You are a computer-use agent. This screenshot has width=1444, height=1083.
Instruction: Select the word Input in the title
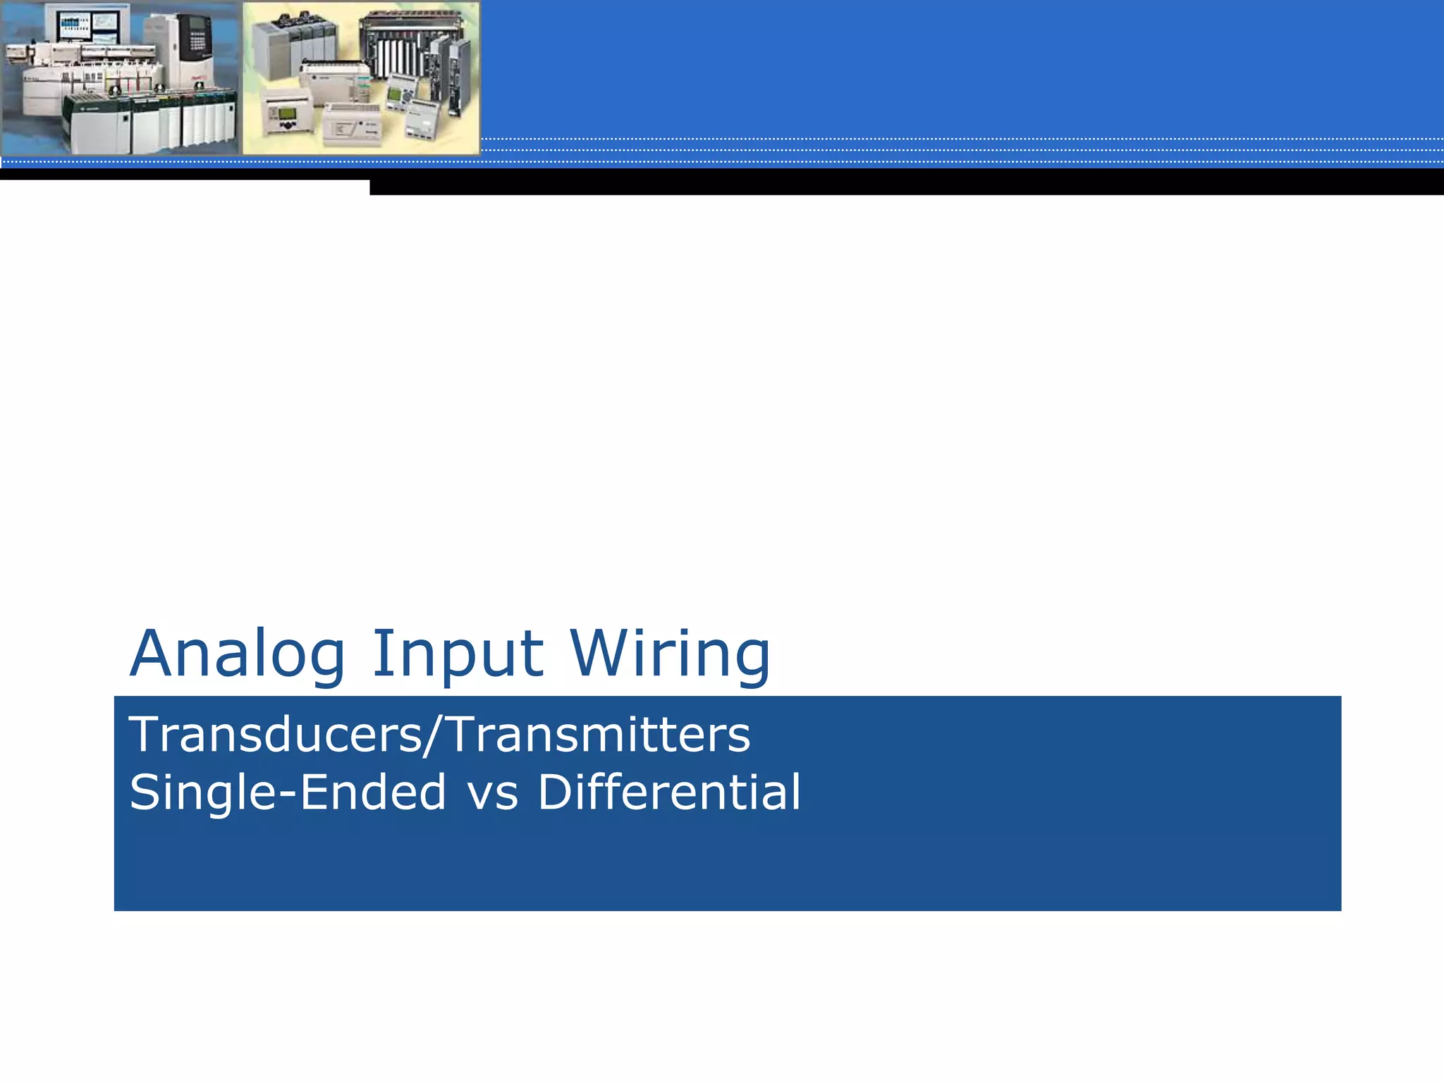point(458,656)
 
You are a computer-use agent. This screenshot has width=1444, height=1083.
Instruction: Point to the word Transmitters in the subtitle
point(599,735)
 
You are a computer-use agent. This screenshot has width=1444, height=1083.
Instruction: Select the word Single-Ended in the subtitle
point(288,793)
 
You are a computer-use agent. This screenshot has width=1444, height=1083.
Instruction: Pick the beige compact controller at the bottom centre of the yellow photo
point(353,127)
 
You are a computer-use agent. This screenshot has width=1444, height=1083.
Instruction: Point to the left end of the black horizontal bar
point(374,187)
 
